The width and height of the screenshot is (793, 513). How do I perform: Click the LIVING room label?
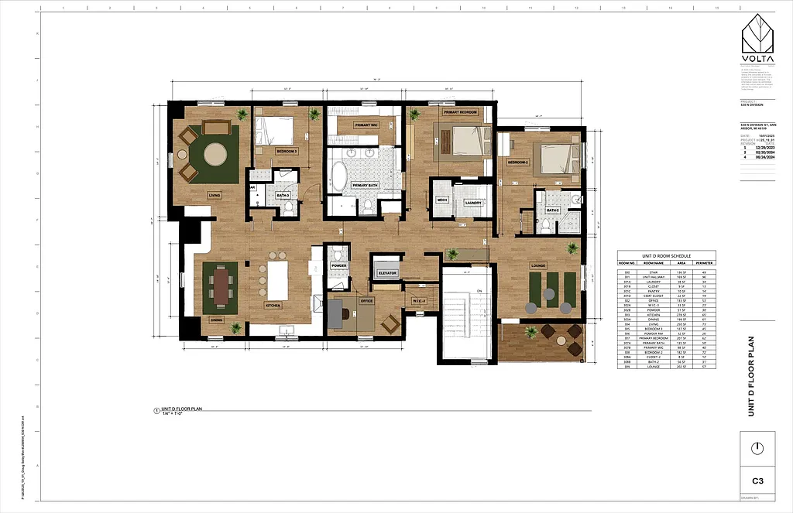point(215,196)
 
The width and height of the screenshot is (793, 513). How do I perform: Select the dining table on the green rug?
point(221,286)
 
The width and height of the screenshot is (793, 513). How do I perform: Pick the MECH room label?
point(442,200)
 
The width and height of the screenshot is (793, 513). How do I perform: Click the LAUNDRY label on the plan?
point(473,203)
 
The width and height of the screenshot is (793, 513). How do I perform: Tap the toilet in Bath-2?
point(545,226)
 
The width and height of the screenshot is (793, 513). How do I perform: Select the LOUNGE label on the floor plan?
point(538,265)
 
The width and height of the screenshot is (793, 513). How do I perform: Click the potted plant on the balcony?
point(531,333)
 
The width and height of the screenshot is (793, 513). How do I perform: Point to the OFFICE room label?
point(366,301)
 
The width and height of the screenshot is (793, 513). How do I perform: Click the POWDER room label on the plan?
point(338,265)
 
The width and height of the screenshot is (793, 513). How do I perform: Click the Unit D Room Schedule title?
point(666,256)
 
